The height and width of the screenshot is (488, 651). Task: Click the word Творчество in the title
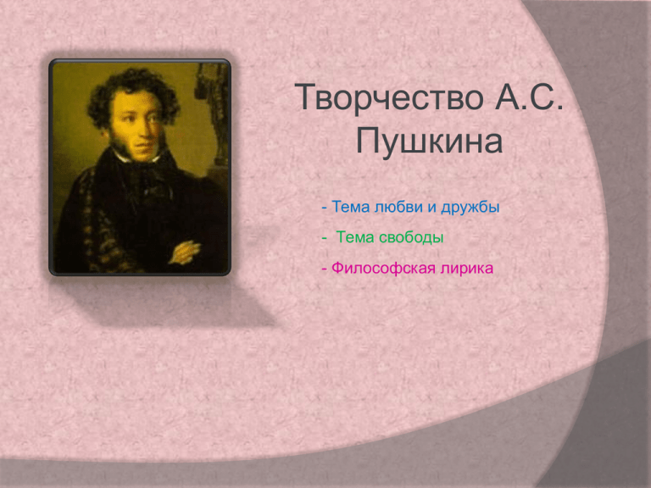tap(389, 97)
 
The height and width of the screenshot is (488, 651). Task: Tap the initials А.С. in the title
tap(529, 97)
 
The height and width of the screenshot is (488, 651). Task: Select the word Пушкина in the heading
tap(429, 141)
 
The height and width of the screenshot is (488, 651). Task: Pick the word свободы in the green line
tap(411, 237)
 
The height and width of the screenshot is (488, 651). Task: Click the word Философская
tap(383, 268)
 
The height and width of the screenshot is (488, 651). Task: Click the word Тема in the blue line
tap(351, 207)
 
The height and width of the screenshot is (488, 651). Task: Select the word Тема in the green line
tap(355, 237)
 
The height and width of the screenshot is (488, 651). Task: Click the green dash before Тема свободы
tap(325, 239)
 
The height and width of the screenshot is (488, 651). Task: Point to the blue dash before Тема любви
tap(325, 208)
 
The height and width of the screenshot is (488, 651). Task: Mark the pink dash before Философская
tap(325, 269)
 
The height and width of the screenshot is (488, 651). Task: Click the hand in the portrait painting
tap(185, 252)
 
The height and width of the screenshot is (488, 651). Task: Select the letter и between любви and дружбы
tap(432, 208)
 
